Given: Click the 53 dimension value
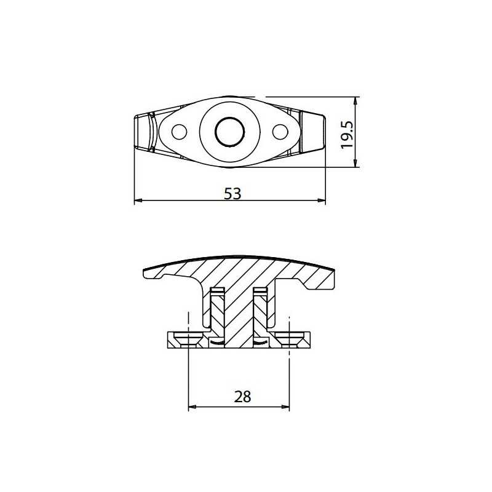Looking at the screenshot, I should pos(231,193).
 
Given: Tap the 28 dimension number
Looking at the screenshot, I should pos(243,397).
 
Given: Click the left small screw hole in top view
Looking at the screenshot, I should pos(180,132).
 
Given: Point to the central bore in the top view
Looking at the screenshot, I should pos(229,130).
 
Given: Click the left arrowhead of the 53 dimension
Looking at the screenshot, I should pos(138,200).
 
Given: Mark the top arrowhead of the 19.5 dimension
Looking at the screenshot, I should pos(355,101).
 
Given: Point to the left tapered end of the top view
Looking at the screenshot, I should pos(145,131).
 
